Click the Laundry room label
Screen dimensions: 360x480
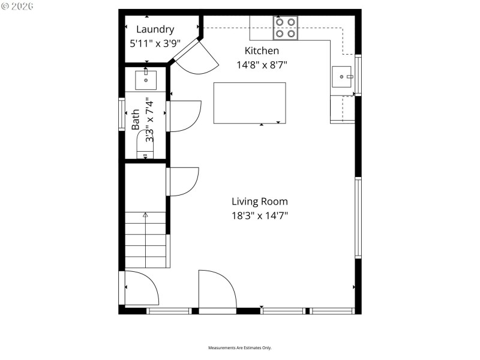coord(155,29)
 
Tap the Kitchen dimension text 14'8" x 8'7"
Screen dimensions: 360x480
coord(261,65)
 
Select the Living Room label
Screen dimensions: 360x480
coord(260,202)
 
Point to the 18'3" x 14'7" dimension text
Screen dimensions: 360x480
coord(260,216)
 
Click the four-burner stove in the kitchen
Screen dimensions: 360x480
coord(285,28)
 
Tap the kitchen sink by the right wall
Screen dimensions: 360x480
coord(343,77)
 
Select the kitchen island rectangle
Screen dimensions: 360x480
coord(250,103)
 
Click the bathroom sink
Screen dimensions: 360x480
coord(146,79)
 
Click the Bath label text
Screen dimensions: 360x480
coord(136,119)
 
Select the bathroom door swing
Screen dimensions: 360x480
coord(185,116)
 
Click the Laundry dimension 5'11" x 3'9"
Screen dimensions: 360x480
coord(155,44)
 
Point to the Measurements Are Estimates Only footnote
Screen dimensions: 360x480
coord(240,348)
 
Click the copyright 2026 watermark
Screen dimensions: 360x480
coord(18,6)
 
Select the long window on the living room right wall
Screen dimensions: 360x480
coord(358,217)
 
